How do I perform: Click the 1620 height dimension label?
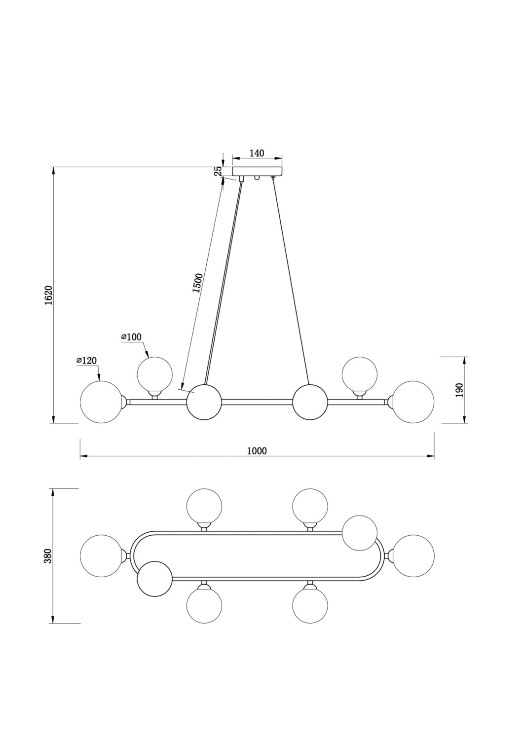pyautogui.click(x=48, y=295)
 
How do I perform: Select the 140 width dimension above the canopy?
pyautogui.click(x=257, y=153)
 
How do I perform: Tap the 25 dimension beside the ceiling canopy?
pyautogui.click(x=218, y=172)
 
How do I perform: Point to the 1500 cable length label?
pyautogui.click(x=197, y=283)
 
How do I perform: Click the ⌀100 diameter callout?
pyautogui.click(x=132, y=337)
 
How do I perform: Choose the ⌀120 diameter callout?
pyautogui.click(x=87, y=361)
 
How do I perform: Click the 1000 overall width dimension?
pyautogui.click(x=257, y=451)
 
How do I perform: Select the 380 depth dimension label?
pyautogui.click(x=48, y=555)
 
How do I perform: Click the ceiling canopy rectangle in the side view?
pyautogui.click(x=258, y=172)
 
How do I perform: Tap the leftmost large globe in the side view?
pyautogui.click(x=101, y=402)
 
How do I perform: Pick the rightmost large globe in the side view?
pyautogui.click(x=413, y=402)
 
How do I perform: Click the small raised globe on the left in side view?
pyautogui.click(x=155, y=374)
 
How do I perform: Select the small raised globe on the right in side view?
pyautogui.click(x=359, y=374)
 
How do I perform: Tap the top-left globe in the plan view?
pyautogui.click(x=204, y=506)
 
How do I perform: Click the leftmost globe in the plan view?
pyautogui.click(x=101, y=555)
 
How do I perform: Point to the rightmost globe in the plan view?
pyautogui.click(x=413, y=555)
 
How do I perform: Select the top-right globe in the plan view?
pyautogui.click(x=310, y=506)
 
